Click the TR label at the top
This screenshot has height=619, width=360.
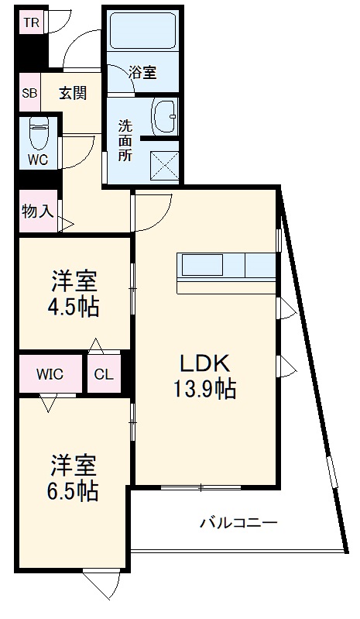coord(30,22)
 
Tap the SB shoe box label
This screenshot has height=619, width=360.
coord(29,93)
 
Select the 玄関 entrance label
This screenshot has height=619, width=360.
coord(72,93)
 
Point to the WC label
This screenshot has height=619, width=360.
coord(39,160)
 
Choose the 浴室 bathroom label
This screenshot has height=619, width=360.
coord(142,73)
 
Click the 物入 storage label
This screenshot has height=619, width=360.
coord(36,210)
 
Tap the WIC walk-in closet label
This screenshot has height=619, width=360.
coord(50,374)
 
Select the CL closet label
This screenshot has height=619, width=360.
coord(104,374)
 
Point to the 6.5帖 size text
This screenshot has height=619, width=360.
coord(74,490)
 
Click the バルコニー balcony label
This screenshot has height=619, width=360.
coord(238,523)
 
